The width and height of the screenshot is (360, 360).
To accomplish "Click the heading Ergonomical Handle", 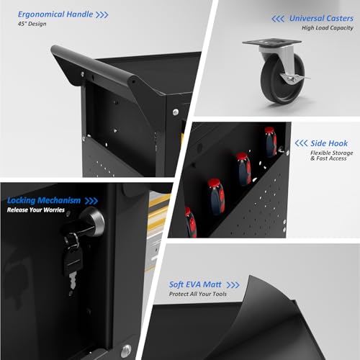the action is pos(55,14).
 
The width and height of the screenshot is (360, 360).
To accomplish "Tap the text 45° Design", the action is pos(32,24).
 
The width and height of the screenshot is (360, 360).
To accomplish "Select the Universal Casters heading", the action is pos(321,18).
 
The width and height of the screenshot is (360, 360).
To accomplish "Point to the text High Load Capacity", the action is pos(328,28).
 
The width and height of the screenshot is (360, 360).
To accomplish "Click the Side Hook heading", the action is pos(329,143).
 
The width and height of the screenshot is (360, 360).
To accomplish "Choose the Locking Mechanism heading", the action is pos(44,200).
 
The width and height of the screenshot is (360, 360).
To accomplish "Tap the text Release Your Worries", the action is pos(36,210).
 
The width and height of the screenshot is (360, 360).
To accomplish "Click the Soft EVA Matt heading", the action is pos(195,284).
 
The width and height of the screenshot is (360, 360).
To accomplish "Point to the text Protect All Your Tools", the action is pos(198,294).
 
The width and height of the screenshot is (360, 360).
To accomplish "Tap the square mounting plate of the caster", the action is pos(271,42).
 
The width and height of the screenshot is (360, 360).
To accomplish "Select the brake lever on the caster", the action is pos(297,77).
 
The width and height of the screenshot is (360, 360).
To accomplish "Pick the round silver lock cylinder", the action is pos(94,221).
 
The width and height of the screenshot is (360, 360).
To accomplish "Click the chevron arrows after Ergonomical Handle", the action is pos(102,15).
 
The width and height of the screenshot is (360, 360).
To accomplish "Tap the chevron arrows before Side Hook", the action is pos(301,143).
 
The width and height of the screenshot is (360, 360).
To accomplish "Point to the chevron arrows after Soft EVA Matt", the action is pos(233,285).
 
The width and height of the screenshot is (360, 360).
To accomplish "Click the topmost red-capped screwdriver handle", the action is pos(271,142).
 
